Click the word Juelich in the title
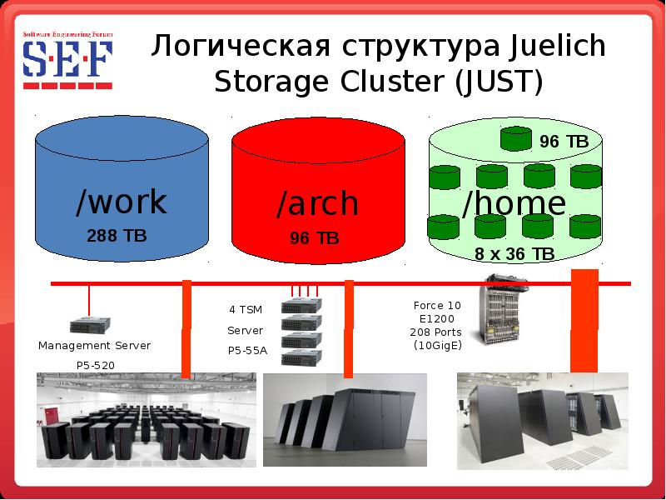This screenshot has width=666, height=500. click(551, 47)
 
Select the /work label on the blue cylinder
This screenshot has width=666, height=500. click(121, 202)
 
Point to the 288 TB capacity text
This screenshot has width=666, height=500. click(117, 236)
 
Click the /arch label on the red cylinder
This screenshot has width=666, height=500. click(317, 203)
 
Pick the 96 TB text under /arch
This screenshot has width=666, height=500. click(315, 239)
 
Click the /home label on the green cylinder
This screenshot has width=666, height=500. click(514, 202)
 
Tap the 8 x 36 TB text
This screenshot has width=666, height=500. click(514, 254)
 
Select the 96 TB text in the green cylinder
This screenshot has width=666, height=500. click(564, 142)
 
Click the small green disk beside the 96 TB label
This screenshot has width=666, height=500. click(516, 137)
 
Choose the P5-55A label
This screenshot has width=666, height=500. click(247, 351)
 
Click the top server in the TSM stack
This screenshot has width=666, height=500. click(301, 306)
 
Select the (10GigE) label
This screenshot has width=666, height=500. click(437, 346)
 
